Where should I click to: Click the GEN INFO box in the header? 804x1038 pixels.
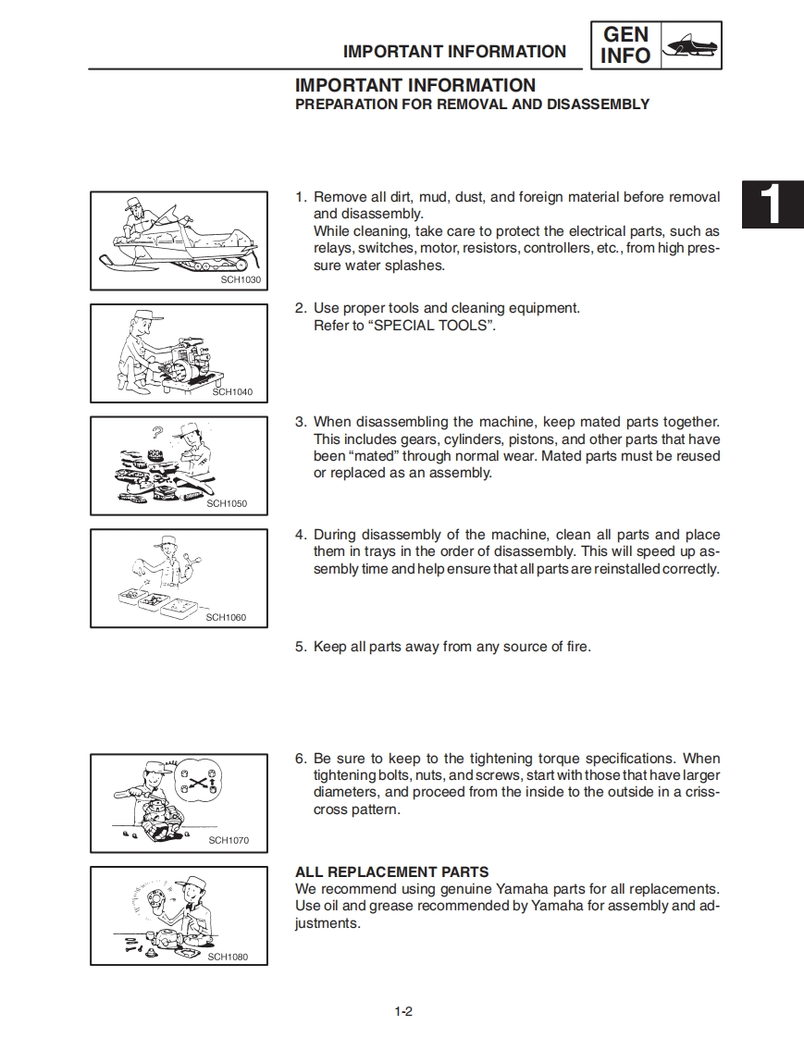[625, 45]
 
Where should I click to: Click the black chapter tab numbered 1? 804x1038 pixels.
[773, 206]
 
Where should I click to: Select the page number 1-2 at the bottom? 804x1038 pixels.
[402, 1011]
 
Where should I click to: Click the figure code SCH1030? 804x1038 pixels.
[241, 279]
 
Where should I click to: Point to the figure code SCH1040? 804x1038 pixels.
[232, 392]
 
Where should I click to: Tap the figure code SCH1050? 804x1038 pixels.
[227, 504]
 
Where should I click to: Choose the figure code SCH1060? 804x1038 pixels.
[226, 617]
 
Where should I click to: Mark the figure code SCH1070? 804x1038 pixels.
[229, 840]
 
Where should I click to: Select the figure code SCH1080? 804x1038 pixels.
[228, 957]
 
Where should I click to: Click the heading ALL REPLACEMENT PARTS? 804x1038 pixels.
[391, 871]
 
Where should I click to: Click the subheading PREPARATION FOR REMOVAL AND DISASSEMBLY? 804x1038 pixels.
[472, 105]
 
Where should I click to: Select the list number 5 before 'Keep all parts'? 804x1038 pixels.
[300, 647]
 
